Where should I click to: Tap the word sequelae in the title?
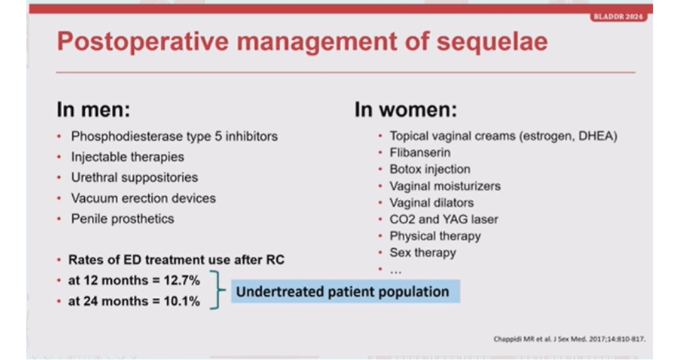coord(492,41)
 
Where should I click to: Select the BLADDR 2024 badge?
coord(618,17)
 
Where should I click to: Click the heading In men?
coord(93,109)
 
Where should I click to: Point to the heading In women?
coord(406,109)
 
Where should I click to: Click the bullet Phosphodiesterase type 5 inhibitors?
coord(175,136)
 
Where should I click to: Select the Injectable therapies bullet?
coord(128,157)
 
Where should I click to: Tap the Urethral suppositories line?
coord(134,178)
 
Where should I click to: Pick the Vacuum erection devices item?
coord(144,199)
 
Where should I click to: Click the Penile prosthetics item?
coord(122,219)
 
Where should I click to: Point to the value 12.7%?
coord(182,280)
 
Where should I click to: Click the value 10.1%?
coord(182,301)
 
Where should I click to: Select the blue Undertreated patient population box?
coord(345,292)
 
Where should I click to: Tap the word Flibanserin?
coord(420,153)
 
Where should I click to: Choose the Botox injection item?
coord(430,170)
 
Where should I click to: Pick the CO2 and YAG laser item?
coord(443,219)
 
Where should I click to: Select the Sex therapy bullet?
coord(423,253)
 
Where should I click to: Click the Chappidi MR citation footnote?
coord(570,339)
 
